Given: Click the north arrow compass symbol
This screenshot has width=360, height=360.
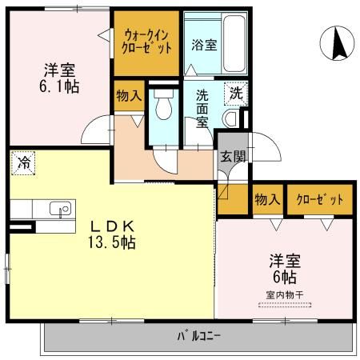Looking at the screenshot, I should tap(338, 42).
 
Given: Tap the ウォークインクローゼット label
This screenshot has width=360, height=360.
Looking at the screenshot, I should tap(148, 39).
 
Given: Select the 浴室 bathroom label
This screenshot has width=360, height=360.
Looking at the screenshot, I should tap(204, 46).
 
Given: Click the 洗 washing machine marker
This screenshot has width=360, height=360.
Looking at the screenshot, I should tap(235, 93).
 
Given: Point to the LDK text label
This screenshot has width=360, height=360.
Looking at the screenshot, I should tap(111, 225).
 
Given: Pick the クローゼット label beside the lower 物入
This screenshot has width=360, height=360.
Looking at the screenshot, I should tap(319, 199).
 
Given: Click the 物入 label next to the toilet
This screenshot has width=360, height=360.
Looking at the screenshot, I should tap(129, 96).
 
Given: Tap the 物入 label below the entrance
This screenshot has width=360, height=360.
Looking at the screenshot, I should tap(266, 199).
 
